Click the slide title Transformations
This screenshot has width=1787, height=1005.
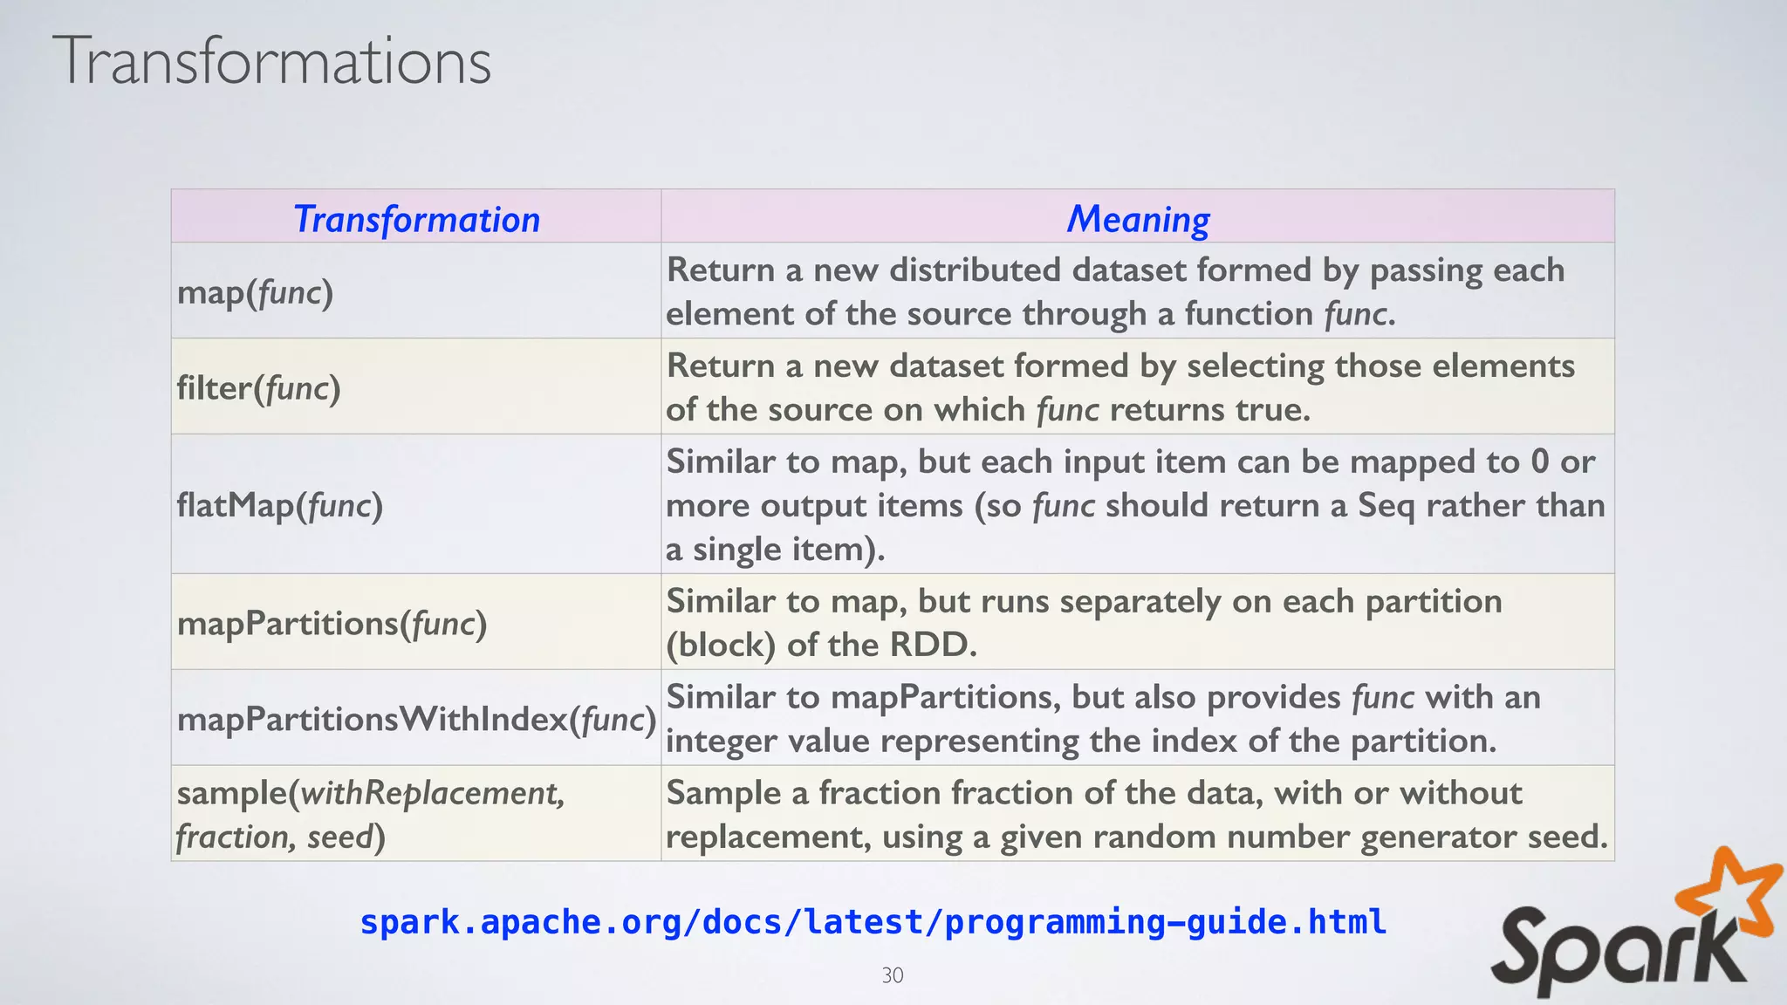click(x=271, y=61)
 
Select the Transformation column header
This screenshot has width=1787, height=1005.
click(x=416, y=219)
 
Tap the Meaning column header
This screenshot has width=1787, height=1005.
click(x=1138, y=219)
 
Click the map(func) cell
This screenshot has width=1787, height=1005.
click(x=255, y=292)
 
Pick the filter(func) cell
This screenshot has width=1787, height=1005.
click(x=258, y=388)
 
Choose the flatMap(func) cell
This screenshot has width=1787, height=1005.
click(x=279, y=505)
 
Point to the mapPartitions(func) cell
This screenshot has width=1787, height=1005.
click(x=332, y=624)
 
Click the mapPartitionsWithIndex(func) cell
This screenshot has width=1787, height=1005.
click(x=416, y=720)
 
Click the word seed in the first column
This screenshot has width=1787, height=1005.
click(x=340, y=837)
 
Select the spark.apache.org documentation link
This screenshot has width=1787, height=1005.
click(x=873, y=922)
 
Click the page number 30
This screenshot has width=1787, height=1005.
click(x=893, y=975)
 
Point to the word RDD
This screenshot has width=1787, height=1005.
click(x=932, y=646)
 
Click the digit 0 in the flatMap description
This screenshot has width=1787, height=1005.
click(x=1540, y=461)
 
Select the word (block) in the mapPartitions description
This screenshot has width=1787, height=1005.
click(x=721, y=646)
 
